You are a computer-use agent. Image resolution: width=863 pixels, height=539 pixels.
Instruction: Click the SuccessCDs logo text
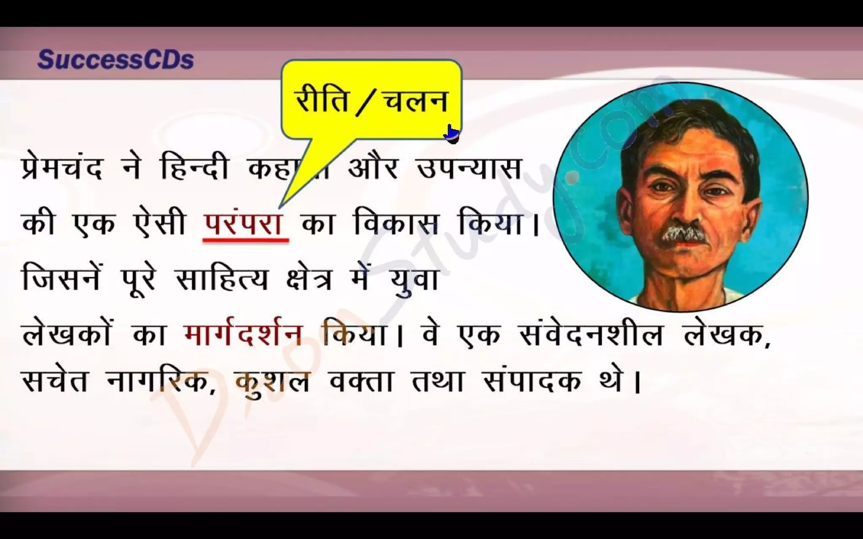pos(115,60)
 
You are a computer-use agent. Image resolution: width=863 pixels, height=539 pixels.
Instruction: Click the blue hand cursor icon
pos(451,134)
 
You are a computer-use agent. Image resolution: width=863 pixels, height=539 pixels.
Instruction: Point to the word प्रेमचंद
pos(62,169)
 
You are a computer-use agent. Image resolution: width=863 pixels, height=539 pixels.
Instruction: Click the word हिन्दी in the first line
pos(195,169)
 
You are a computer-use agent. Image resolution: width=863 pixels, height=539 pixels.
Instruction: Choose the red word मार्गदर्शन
pos(244,335)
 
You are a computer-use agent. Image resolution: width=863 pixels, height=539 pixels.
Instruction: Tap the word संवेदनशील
pos(589,335)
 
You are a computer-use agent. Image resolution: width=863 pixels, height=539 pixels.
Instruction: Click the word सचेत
pos(55,381)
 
